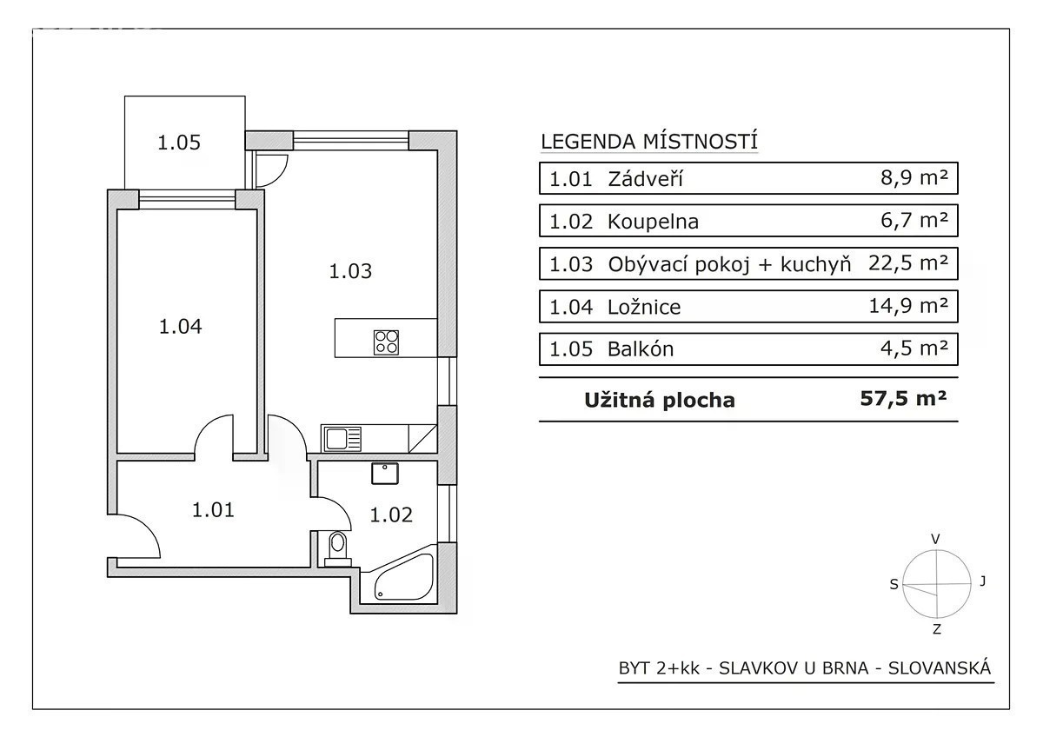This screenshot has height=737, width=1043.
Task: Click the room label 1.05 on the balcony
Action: click(179, 143)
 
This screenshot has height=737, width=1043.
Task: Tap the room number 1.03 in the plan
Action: click(350, 271)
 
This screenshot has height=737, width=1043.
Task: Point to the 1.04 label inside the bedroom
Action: click(180, 327)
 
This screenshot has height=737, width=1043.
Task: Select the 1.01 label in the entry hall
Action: click(213, 510)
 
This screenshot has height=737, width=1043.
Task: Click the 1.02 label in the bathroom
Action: click(391, 515)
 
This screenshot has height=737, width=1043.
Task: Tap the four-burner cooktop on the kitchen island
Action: click(386, 342)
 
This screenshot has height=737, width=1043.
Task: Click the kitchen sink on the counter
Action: click(341, 439)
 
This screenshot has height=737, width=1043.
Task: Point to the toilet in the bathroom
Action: click(337, 548)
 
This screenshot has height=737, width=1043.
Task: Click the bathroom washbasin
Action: click(384, 473)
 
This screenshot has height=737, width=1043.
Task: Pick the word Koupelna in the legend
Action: click(653, 222)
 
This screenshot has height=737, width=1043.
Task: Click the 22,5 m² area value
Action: click(908, 263)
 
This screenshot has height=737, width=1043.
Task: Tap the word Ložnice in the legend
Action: click(644, 307)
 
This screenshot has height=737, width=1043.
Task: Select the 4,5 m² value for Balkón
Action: click(914, 348)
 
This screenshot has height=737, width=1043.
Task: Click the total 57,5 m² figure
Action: click(903, 399)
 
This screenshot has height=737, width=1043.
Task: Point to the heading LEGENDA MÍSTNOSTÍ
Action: click(649, 142)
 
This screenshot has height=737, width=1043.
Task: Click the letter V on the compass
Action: click(935, 539)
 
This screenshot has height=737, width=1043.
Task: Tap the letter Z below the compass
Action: click(937, 629)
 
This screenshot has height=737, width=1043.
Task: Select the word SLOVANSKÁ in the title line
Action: click(940, 668)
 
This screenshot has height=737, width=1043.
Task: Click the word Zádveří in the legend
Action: click(645, 179)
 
